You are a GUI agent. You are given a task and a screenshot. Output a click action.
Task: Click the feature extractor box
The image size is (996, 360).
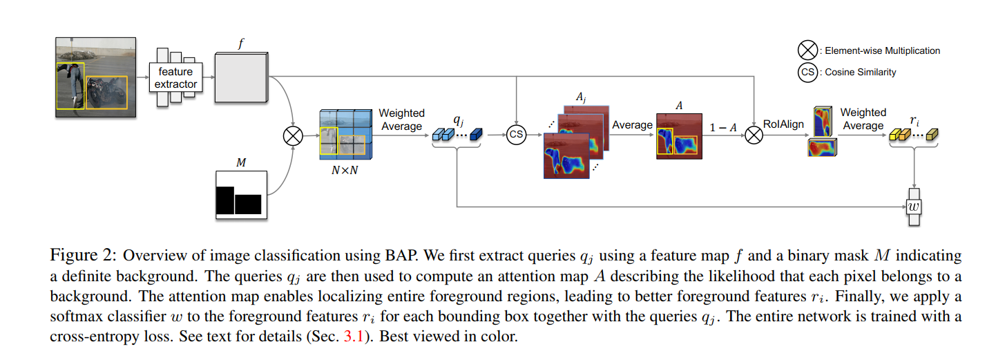175,77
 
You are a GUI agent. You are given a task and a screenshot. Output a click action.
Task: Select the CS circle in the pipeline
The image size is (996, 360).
516,135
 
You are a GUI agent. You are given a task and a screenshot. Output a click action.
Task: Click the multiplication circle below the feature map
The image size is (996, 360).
293,135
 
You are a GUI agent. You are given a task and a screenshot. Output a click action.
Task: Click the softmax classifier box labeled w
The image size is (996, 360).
915,206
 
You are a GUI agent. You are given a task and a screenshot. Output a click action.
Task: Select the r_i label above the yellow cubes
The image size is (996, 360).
914,121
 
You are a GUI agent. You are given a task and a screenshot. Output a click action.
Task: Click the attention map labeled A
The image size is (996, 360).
678,136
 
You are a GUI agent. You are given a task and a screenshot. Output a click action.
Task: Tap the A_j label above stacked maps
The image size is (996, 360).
581,98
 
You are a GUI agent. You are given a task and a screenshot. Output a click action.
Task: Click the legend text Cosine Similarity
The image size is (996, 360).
861,72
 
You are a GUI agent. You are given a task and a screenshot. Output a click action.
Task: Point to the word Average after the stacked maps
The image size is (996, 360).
632,125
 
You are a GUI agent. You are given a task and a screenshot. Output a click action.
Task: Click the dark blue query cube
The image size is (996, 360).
475,136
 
